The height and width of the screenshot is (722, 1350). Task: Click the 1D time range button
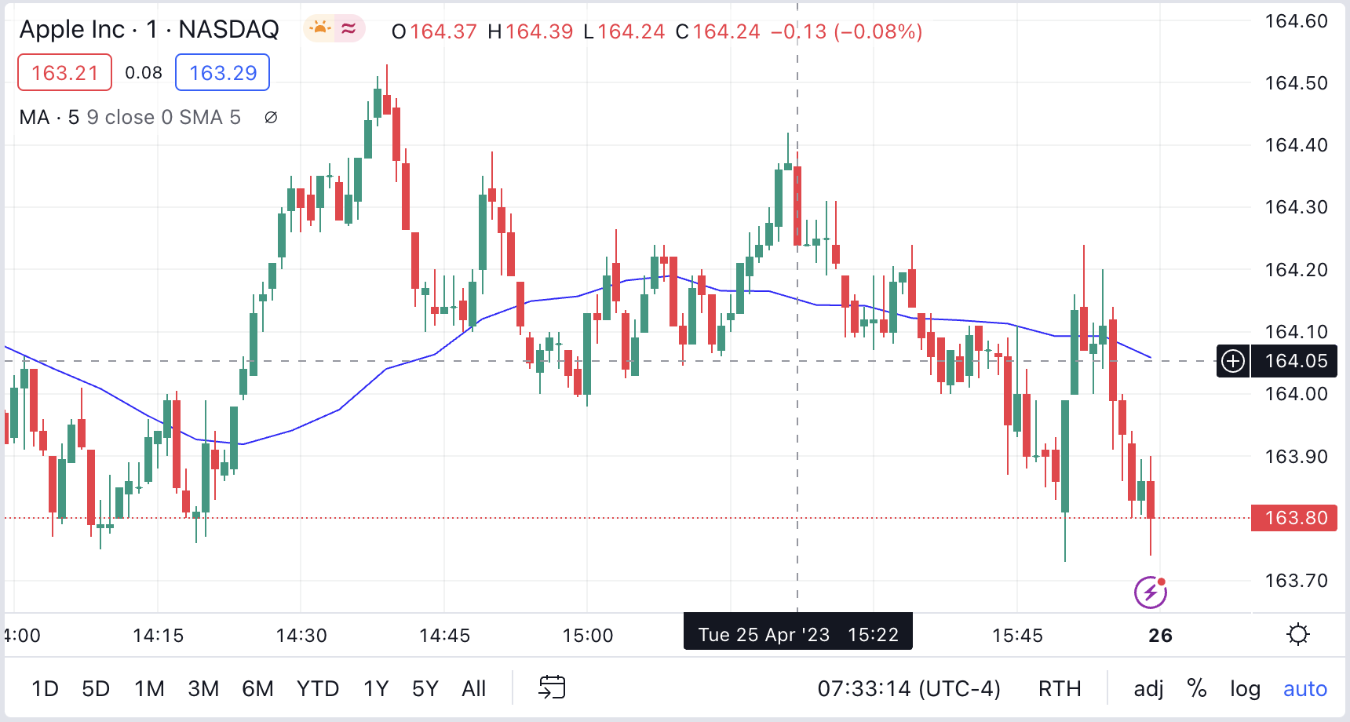[45, 688]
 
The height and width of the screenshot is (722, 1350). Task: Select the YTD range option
[317, 688]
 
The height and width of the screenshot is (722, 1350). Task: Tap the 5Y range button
[425, 688]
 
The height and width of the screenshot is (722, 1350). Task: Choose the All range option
[473, 688]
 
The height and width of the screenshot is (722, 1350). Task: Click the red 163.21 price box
[64, 73]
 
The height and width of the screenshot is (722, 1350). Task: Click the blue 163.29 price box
[223, 73]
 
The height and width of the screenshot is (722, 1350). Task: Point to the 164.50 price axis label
[1296, 83]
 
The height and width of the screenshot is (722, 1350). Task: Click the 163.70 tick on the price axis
[1296, 581]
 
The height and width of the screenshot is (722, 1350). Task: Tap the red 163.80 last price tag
[1294, 518]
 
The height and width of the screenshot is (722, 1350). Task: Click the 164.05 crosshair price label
[1296, 361]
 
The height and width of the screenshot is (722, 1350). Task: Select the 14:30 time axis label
[301, 635]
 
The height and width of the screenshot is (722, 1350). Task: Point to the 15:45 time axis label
[1017, 635]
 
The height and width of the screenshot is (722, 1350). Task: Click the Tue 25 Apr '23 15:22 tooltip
[797, 633]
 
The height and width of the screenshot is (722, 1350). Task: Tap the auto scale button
[1304, 688]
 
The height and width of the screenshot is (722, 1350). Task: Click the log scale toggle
[1245, 688]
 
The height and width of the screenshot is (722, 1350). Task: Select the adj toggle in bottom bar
[1148, 688]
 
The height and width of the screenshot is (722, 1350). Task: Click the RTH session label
[1060, 688]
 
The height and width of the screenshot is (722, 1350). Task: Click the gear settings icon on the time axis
[1298, 634]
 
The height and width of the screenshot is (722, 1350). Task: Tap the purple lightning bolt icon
[1151, 593]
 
